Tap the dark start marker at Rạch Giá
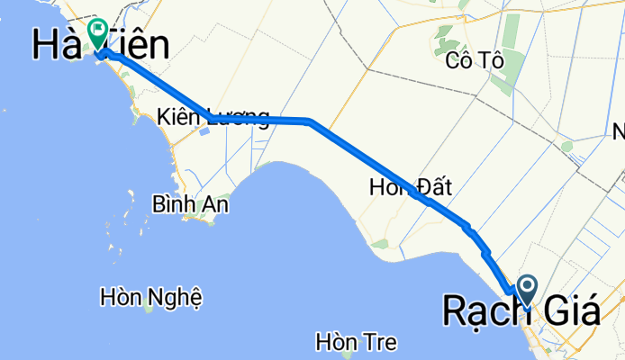coord(527,288)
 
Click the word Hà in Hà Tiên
coord(59,44)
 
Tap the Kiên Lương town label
coord(213,117)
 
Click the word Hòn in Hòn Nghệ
coord(124,295)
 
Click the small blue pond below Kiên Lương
coord(205,131)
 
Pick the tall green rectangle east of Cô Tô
coord(511,31)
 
